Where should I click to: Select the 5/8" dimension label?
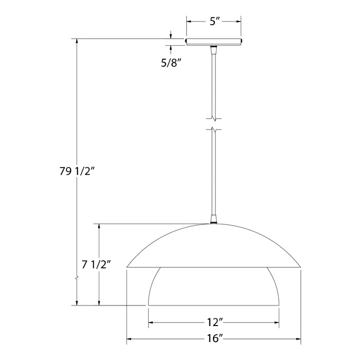171,63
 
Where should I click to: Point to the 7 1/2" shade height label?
97,265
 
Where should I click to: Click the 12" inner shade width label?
213,323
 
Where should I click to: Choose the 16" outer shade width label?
213,339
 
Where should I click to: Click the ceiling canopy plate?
214,42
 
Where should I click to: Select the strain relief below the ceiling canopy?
214,49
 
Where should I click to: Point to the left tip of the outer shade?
128,267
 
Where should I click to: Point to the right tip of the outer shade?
300,267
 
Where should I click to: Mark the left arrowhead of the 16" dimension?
130,339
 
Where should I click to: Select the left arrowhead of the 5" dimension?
189,22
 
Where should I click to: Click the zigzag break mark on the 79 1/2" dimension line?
77,279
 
